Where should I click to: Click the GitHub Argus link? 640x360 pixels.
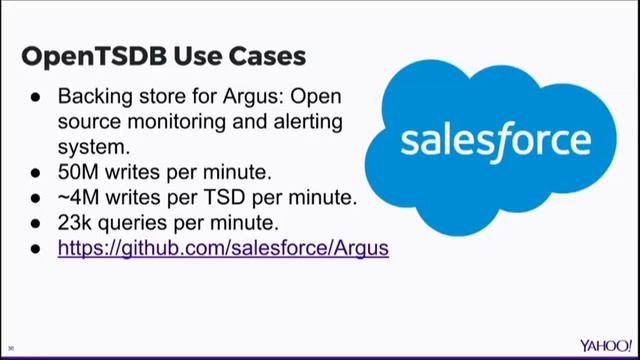point(223,247)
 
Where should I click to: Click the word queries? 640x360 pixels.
point(139,222)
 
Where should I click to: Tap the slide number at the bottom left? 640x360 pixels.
point(10,348)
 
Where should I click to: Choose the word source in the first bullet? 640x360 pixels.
point(86,122)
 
